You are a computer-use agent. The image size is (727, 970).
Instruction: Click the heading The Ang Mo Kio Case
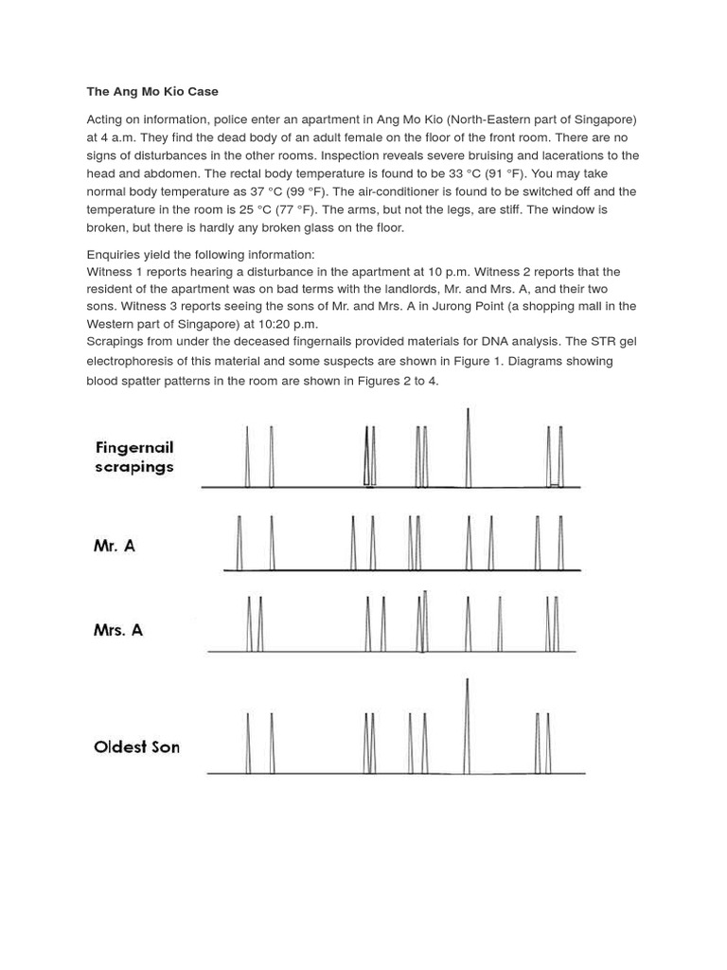click(x=152, y=92)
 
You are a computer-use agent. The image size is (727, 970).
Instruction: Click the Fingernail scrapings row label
click(x=134, y=457)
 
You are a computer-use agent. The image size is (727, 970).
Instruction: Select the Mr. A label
click(x=115, y=546)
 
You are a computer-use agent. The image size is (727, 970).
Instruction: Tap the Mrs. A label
click(x=118, y=629)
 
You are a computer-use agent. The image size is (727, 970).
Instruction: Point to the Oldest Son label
click(x=136, y=746)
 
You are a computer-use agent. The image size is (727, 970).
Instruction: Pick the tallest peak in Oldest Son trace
click(x=467, y=725)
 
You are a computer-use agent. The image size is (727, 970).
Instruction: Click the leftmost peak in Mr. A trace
click(x=239, y=544)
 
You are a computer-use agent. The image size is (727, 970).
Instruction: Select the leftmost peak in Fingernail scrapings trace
click(x=247, y=457)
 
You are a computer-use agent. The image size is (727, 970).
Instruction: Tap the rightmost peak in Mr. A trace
click(x=560, y=544)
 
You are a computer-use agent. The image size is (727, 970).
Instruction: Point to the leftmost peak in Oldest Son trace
click(x=247, y=744)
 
